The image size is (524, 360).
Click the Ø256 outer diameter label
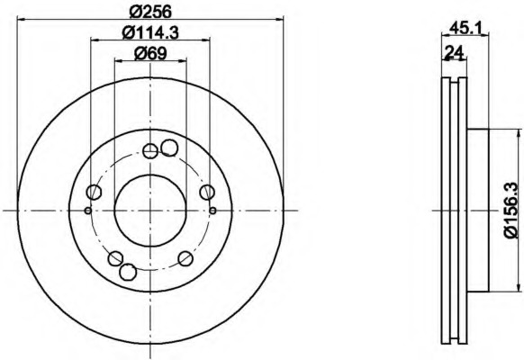pos(150,12)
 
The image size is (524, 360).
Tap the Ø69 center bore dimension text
pos(150,53)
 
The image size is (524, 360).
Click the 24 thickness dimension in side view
pos(454,52)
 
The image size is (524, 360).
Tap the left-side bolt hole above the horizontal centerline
pos(95,191)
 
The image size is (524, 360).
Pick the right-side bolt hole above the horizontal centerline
pos(206,191)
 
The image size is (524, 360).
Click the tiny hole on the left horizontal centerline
pos(87,211)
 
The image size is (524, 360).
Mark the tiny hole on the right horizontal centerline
pos(212,211)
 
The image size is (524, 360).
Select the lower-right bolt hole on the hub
pos(185,258)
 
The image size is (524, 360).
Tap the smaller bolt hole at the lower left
pos(115,259)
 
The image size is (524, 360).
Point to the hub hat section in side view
pos(477,209)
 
